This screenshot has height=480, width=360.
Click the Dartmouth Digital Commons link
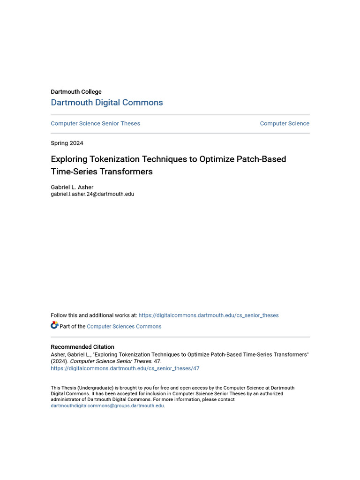point(107,103)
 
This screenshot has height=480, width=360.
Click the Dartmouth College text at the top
point(76,92)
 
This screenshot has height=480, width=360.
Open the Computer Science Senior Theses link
point(95,123)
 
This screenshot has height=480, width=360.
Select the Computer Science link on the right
point(285,123)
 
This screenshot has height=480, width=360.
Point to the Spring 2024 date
point(67,143)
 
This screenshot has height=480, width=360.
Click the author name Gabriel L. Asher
point(72,187)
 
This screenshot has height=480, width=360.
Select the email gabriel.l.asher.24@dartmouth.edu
point(92,194)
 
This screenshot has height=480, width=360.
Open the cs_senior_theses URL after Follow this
point(209,315)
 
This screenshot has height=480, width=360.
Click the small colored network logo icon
point(54,325)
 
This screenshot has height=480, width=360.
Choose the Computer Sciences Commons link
point(124,327)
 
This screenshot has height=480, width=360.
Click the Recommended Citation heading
point(82,347)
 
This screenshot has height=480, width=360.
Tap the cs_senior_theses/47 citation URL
point(125,368)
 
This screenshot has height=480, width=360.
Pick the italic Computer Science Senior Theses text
point(111,361)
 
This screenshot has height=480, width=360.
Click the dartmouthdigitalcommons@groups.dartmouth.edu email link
point(107,406)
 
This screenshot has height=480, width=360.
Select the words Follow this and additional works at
point(94,315)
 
